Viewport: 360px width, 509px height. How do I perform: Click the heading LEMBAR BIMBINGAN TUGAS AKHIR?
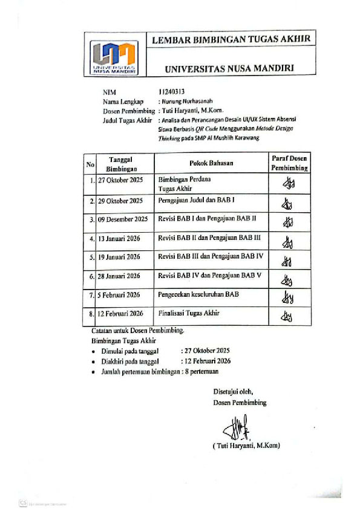[x=231, y=39]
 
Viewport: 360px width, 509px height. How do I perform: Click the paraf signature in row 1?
[x=288, y=183]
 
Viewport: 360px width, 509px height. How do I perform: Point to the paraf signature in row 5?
[x=287, y=261]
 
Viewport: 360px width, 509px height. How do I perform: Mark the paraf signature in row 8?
[x=286, y=316]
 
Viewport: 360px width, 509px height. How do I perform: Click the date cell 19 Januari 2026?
[x=119, y=257]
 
